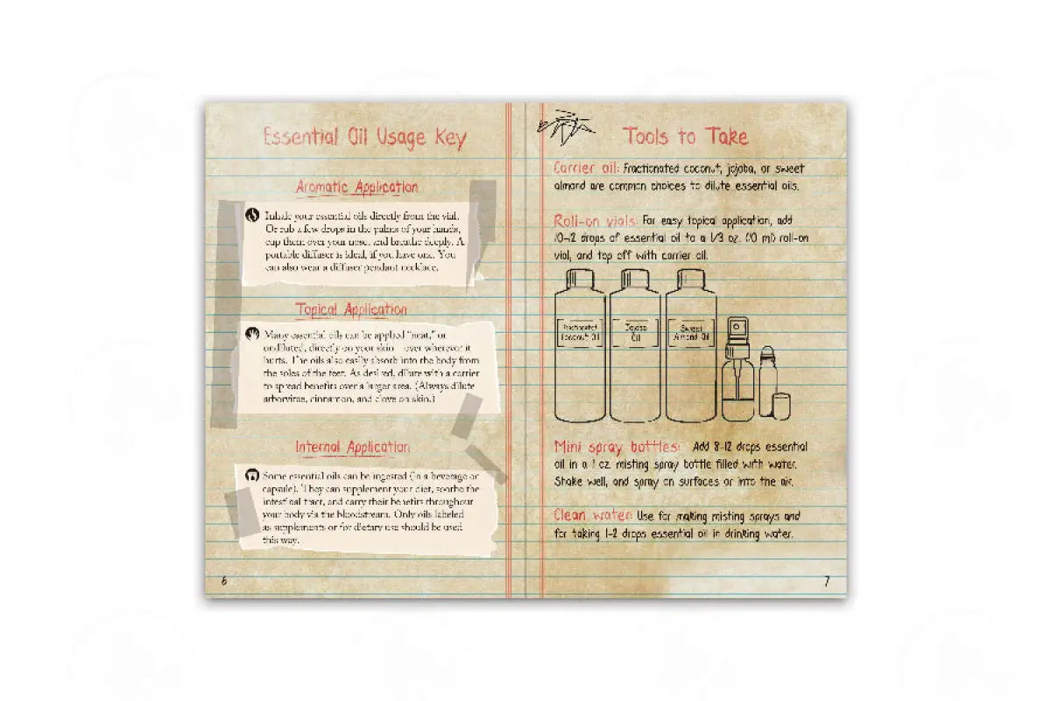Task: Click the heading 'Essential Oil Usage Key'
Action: click(x=364, y=138)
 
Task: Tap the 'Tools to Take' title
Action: click(x=686, y=136)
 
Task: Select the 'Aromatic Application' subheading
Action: click(x=356, y=187)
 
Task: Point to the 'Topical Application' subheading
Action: click(x=351, y=309)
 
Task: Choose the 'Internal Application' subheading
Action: click(x=352, y=447)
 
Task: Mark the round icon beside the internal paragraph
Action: click(x=253, y=474)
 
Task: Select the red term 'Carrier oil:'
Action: click(x=587, y=167)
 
